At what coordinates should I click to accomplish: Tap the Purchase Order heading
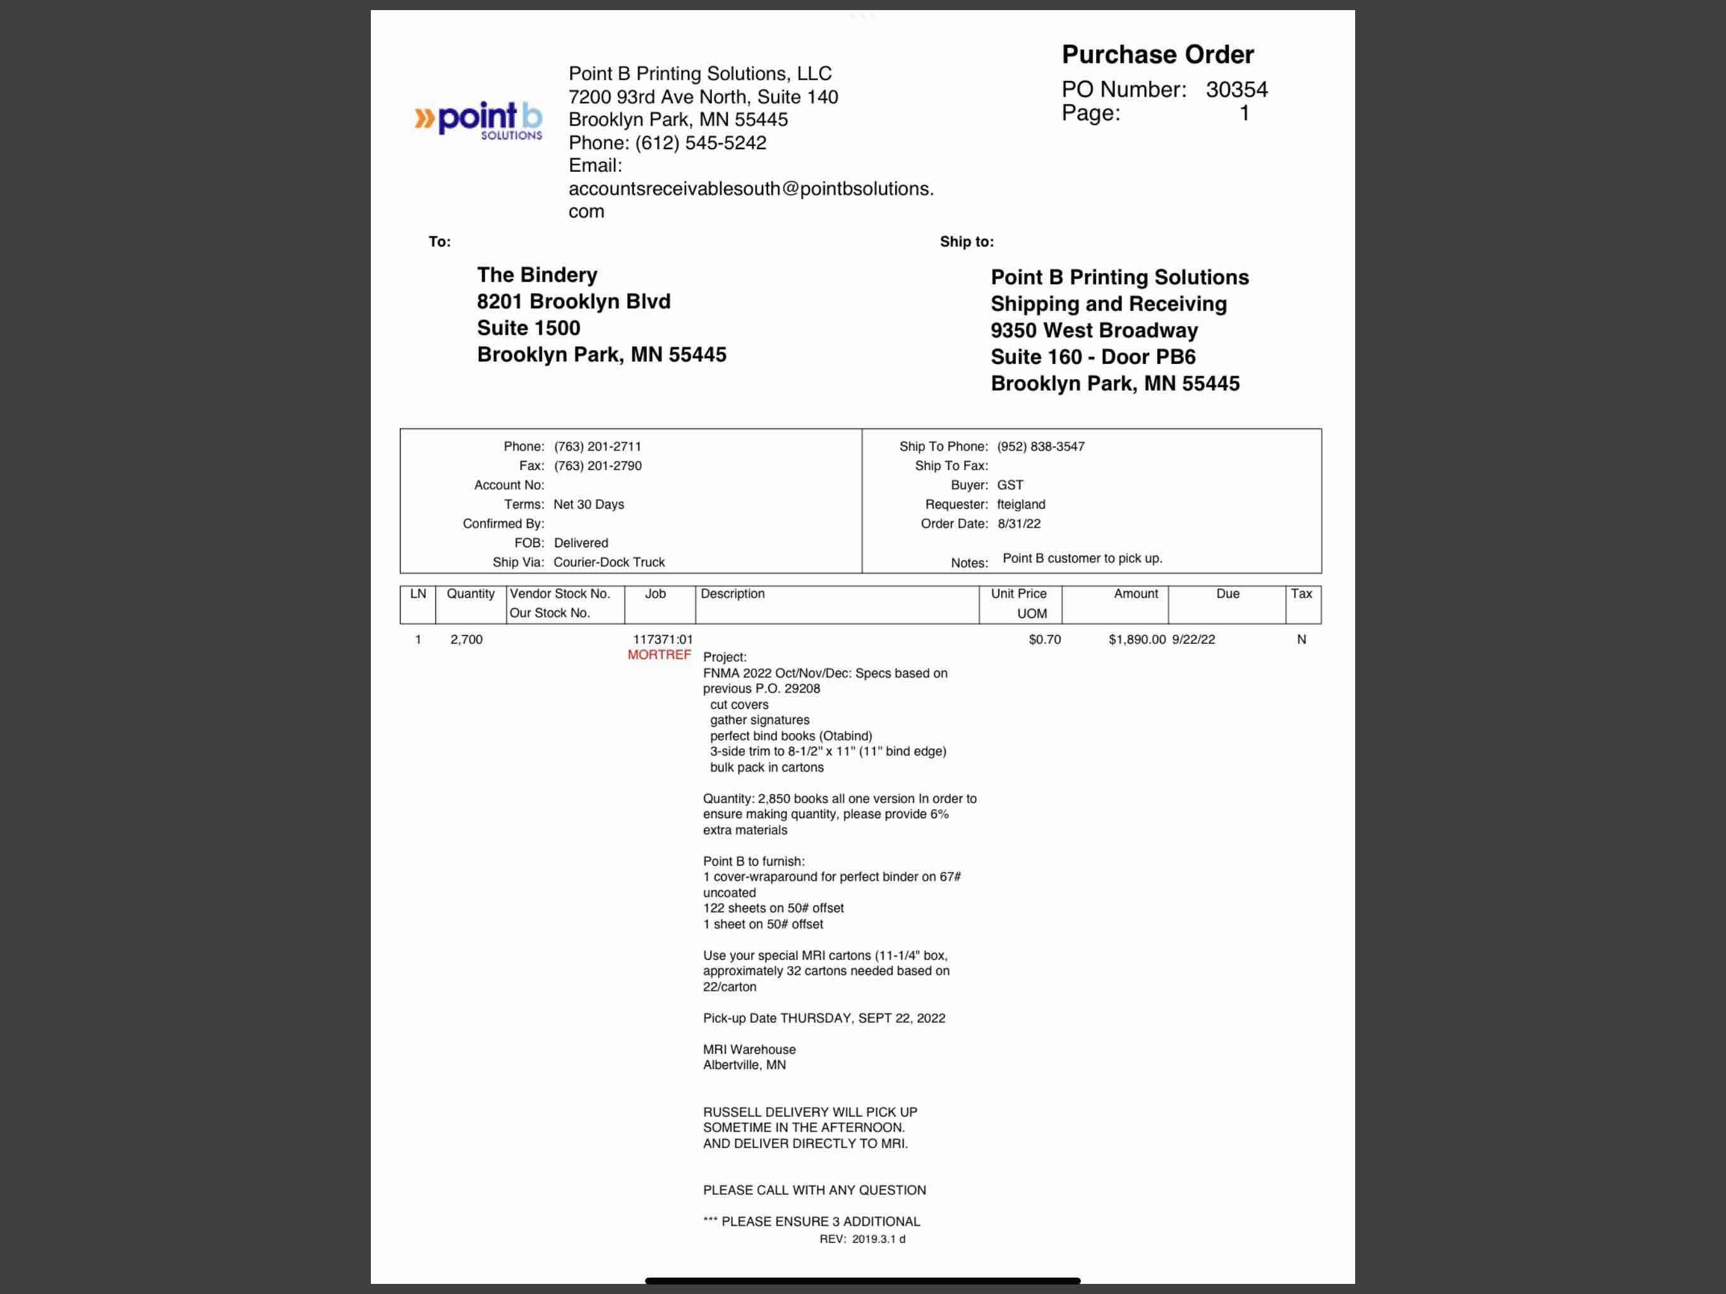pos(1157,54)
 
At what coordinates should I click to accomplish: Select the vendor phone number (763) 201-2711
pos(597,447)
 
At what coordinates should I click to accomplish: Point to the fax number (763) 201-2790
pos(597,466)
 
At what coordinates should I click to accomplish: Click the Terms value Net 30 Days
pos(588,504)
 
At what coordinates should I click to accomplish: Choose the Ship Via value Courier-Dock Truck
pos(608,562)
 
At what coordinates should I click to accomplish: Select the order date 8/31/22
pos(1018,524)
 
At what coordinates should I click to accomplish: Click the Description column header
pos(732,594)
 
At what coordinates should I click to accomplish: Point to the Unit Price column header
pos(1018,594)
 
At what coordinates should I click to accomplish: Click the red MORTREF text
pos(660,655)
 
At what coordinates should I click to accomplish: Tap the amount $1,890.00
pos(1137,639)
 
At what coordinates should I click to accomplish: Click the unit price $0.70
pos(1044,639)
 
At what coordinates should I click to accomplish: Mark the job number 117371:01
pos(663,639)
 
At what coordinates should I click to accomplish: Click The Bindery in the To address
pos(537,275)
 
